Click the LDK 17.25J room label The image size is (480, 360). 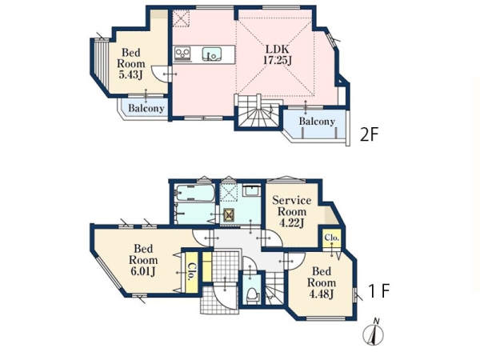click(278, 54)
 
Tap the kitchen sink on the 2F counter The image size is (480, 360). click(211, 54)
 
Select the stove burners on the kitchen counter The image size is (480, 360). click(182, 54)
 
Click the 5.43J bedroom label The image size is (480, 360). click(131, 64)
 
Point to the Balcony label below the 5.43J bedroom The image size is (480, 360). click(146, 108)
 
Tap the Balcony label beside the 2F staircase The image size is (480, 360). click(317, 122)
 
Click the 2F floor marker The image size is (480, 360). click(370, 134)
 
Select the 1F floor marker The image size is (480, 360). click(378, 290)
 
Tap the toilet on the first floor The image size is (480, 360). click(253, 295)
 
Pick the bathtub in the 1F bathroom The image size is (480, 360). click(194, 194)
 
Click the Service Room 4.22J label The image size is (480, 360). click(291, 212)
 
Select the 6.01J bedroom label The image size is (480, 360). click(143, 260)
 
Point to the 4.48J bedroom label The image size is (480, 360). click(322, 282)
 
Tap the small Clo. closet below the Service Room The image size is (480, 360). click(332, 238)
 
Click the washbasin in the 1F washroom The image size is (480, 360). click(251, 190)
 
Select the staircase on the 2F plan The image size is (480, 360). click(258, 111)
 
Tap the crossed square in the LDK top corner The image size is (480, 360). click(181, 18)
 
